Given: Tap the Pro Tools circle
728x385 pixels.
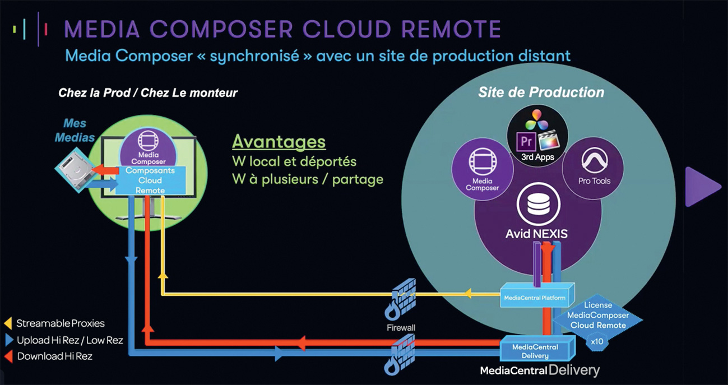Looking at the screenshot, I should [593, 168].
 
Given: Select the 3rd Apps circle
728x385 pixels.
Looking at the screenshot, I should [537, 137].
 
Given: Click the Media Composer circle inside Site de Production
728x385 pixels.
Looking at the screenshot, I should [482, 170].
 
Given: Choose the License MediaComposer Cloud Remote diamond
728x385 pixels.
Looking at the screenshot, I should [597, 316].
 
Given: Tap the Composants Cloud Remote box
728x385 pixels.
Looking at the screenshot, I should [150, 180].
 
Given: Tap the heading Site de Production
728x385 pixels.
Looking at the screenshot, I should [541, 92].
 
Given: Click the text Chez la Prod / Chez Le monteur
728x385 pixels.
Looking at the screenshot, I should [148, 92].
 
